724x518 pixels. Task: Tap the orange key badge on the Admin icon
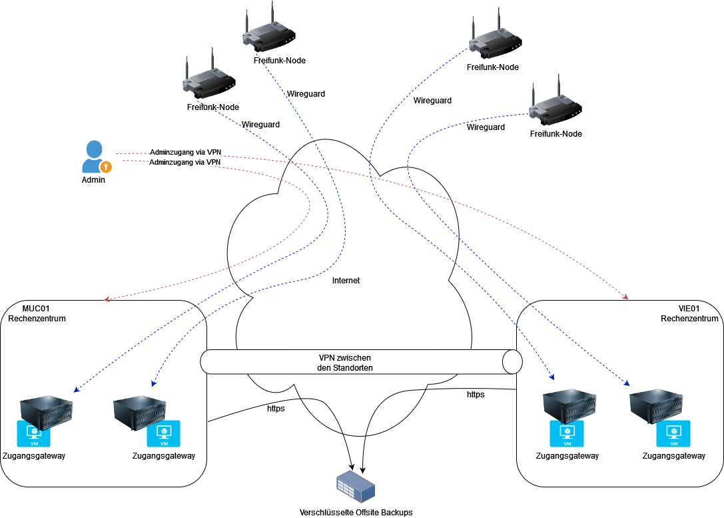(105, 166)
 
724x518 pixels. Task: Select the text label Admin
(93, 180)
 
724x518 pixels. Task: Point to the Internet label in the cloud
(346, 281)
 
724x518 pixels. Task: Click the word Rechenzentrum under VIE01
(690, 319)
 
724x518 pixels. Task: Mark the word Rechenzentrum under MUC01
(37, 319)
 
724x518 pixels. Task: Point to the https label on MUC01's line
(276, 408)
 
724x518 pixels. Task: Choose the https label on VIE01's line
(476, 395)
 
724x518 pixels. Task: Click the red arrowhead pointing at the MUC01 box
(107, 299)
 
